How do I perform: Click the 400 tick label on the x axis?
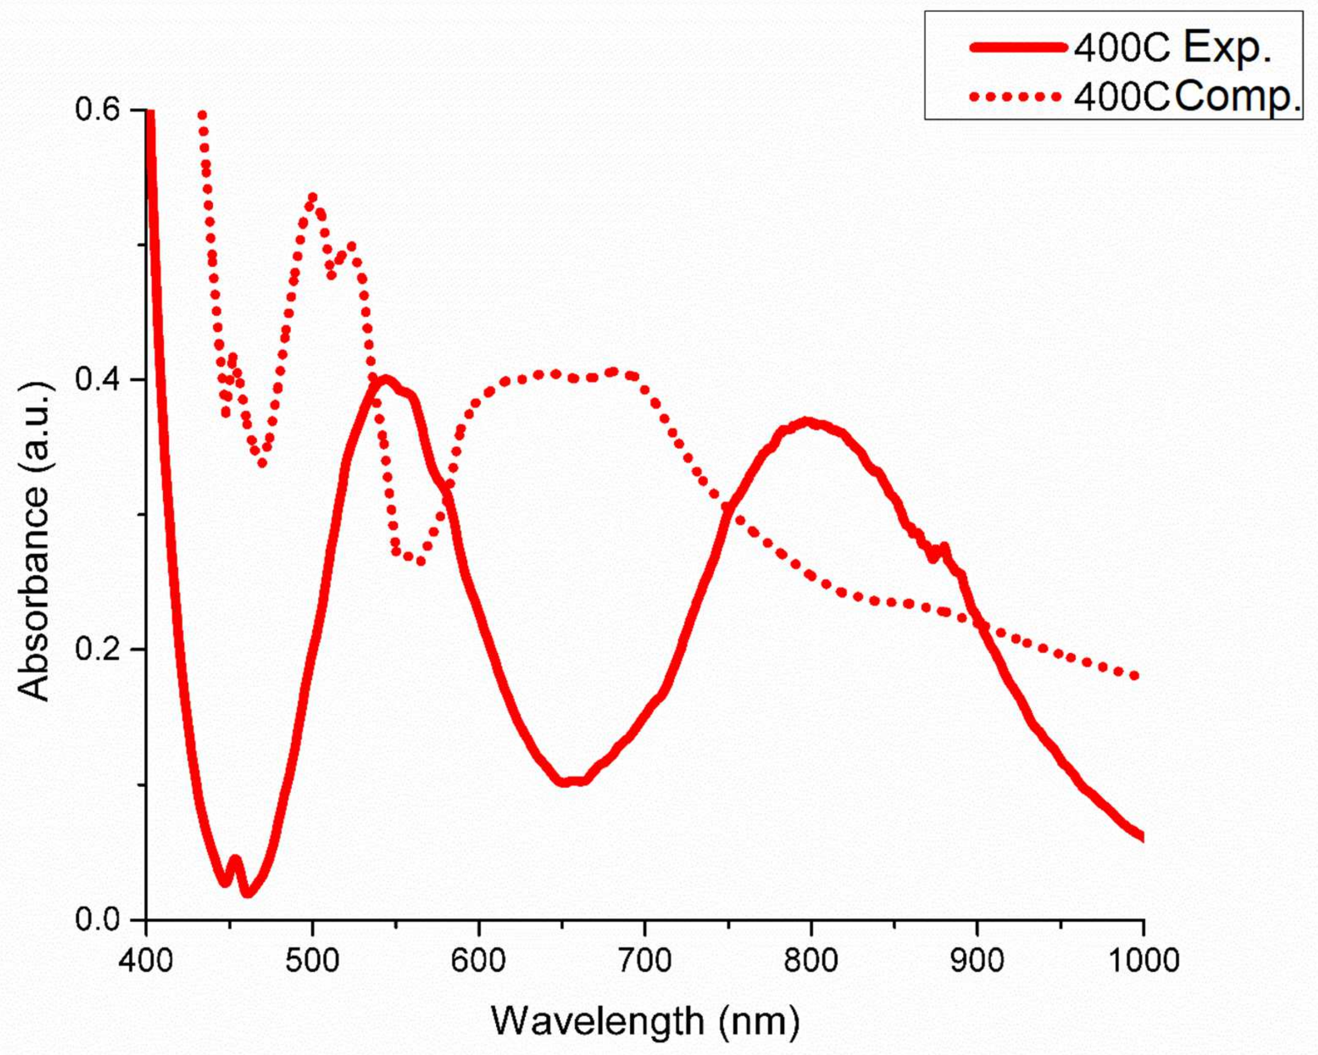(x=146, y=961)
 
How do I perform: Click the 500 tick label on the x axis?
(x=312, y=961)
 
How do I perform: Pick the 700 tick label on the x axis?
(x=645, y=961)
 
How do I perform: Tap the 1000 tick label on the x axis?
(x=1142, y=961)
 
